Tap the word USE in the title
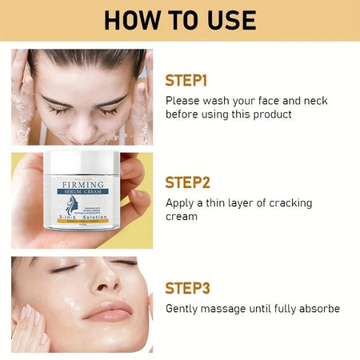coord(230,19)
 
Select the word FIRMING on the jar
coord(87,186)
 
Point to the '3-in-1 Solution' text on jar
coord(88,217)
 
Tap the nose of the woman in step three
coord(105,288)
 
